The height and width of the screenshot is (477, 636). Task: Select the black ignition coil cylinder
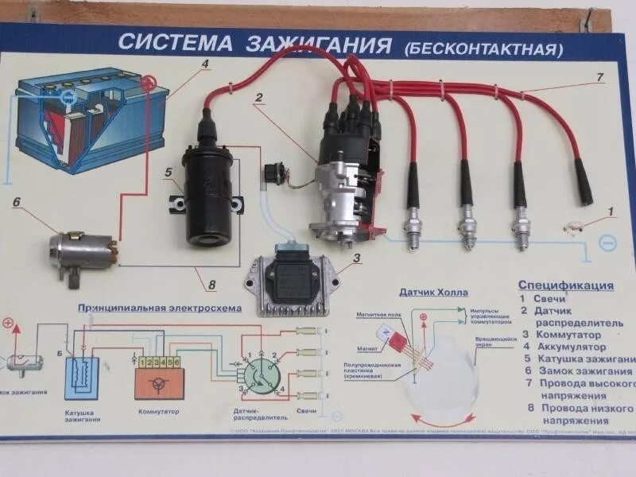211,192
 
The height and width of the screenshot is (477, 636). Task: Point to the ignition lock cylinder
80,245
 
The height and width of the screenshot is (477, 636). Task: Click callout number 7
600,77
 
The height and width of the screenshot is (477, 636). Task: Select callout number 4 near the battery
204,64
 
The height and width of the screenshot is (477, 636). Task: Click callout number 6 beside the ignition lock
16,202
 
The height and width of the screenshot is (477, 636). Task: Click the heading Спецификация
565,285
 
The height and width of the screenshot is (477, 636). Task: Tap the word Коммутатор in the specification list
569,335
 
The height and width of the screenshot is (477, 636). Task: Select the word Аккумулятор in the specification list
572,347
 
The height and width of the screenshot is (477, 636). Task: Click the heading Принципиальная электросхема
158,308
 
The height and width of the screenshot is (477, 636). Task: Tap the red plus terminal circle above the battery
146,81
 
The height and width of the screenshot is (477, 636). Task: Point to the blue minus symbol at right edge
606,240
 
